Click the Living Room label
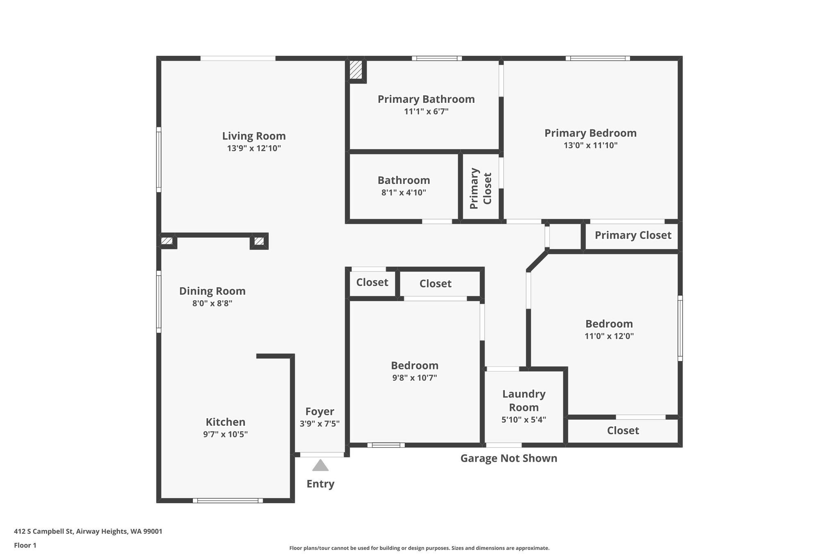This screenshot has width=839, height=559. [x=254, y=136]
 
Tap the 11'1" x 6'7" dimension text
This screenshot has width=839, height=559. [x=426, y=111]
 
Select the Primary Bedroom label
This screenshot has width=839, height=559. [x=590, y=133]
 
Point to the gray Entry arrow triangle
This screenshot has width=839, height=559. [x=320, y=465]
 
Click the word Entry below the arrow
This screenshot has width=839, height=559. [x=320, y=484]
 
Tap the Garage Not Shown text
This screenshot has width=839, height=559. [x=509, y=458]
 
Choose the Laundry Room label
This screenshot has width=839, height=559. [x=524, y=401]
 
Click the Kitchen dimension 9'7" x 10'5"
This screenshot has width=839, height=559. [x=225, y=435]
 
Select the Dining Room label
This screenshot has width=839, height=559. [x=212, y=291]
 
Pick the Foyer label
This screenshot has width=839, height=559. [x=320, y=412]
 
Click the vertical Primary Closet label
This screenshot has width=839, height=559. [x=481, y=188]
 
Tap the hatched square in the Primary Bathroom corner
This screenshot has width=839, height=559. [x=356, y=70]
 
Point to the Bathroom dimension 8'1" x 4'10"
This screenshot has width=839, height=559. [x=404, y=192]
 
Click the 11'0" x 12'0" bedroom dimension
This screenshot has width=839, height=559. [x=609, y=336]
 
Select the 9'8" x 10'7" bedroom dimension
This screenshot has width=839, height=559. [x=415, y=378]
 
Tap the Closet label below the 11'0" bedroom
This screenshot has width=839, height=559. [x=623, y=430]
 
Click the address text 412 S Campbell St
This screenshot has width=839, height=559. [x=44, y=532]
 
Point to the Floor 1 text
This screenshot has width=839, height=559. [x=25, y=545]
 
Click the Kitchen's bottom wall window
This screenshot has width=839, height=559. [x=228, y=500]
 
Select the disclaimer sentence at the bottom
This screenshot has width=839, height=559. [x=419, y=548]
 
